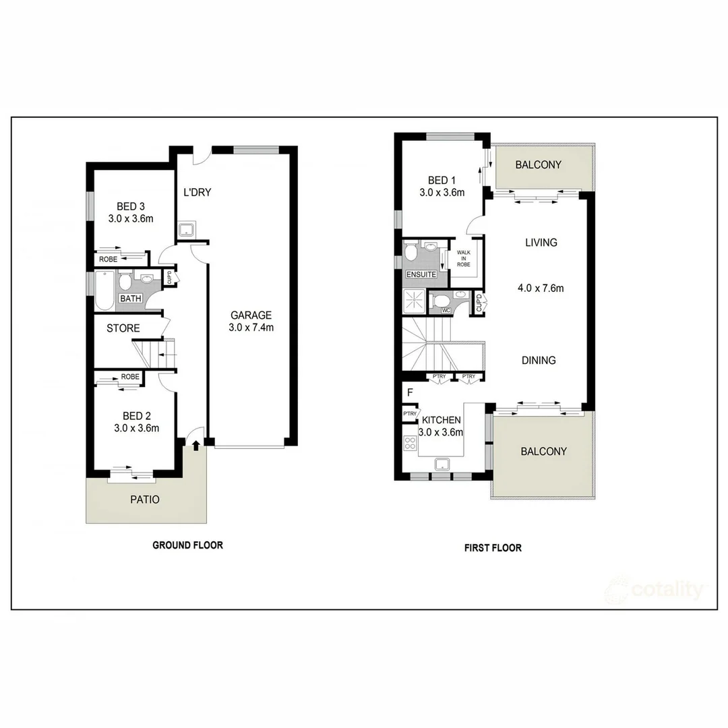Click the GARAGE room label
pyautogui.click(x=251, y=315)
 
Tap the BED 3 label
pyautogui.click(x=131, y=206)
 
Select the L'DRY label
pyautogui.click(x=198, y=192)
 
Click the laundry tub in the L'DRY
pyautogui.click(x=187, y=229)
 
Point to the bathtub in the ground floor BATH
pyautogui.click(x=105, y=291)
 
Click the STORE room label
pyautogui.click(x=123, y=328)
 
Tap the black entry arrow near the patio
pyautogui.click(x=196, y=446)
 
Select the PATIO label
pyautogui.click(x=145, y=499)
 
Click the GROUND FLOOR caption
pyautogui.click(x=187, y=545)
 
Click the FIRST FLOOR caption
pyautogui.click(x=493, y=548)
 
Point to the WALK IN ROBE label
pyautogui.click(x=463, y=259)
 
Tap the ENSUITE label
pyautogui.click(x=421, y=274)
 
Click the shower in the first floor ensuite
pyautogui.click(x=414, y=301)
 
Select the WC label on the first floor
pyautogui.click(x=446, y=310)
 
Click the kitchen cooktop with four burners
pyautogui.click(x=411, y=444)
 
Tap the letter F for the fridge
pyautogui.click(x=410, y=392)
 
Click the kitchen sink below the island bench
pyautogui.click(x=442, y=463)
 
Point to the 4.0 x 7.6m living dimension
pyautogui.click(x=541, y=289)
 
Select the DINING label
pyautogui.click(x=539, y=360)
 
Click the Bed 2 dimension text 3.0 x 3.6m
pyautogui.click(x=136, y=428)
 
